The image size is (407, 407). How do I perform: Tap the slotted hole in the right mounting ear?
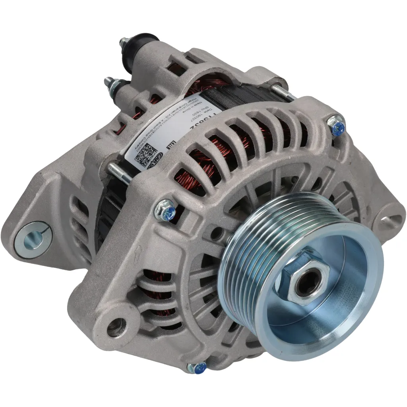pyautogui.click(x=391, y=223)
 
